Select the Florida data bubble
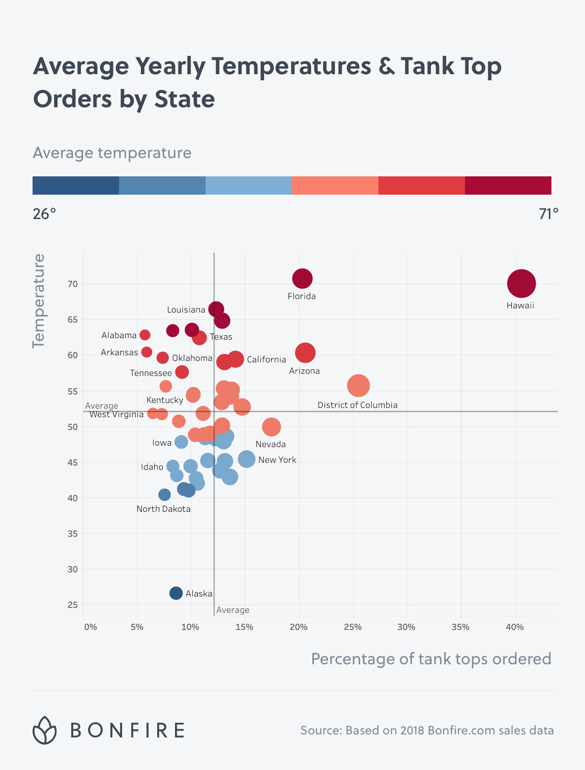[302, 279]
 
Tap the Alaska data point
[176, 593]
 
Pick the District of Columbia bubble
[359, 385]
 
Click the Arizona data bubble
[305, 352]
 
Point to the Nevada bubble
[272, 427]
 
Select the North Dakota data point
[164, 495]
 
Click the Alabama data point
[145, 335]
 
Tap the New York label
[277, 460]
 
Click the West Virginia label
[116, 415]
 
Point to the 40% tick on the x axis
[514, 627]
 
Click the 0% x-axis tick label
[91, 627]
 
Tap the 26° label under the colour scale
[45, 214]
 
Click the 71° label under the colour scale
[548, 214]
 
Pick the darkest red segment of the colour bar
[508, 186]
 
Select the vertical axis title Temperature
[39, 301]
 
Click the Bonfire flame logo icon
[45, 730]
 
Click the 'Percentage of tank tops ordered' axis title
[431, 659]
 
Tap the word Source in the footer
[321, 730]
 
